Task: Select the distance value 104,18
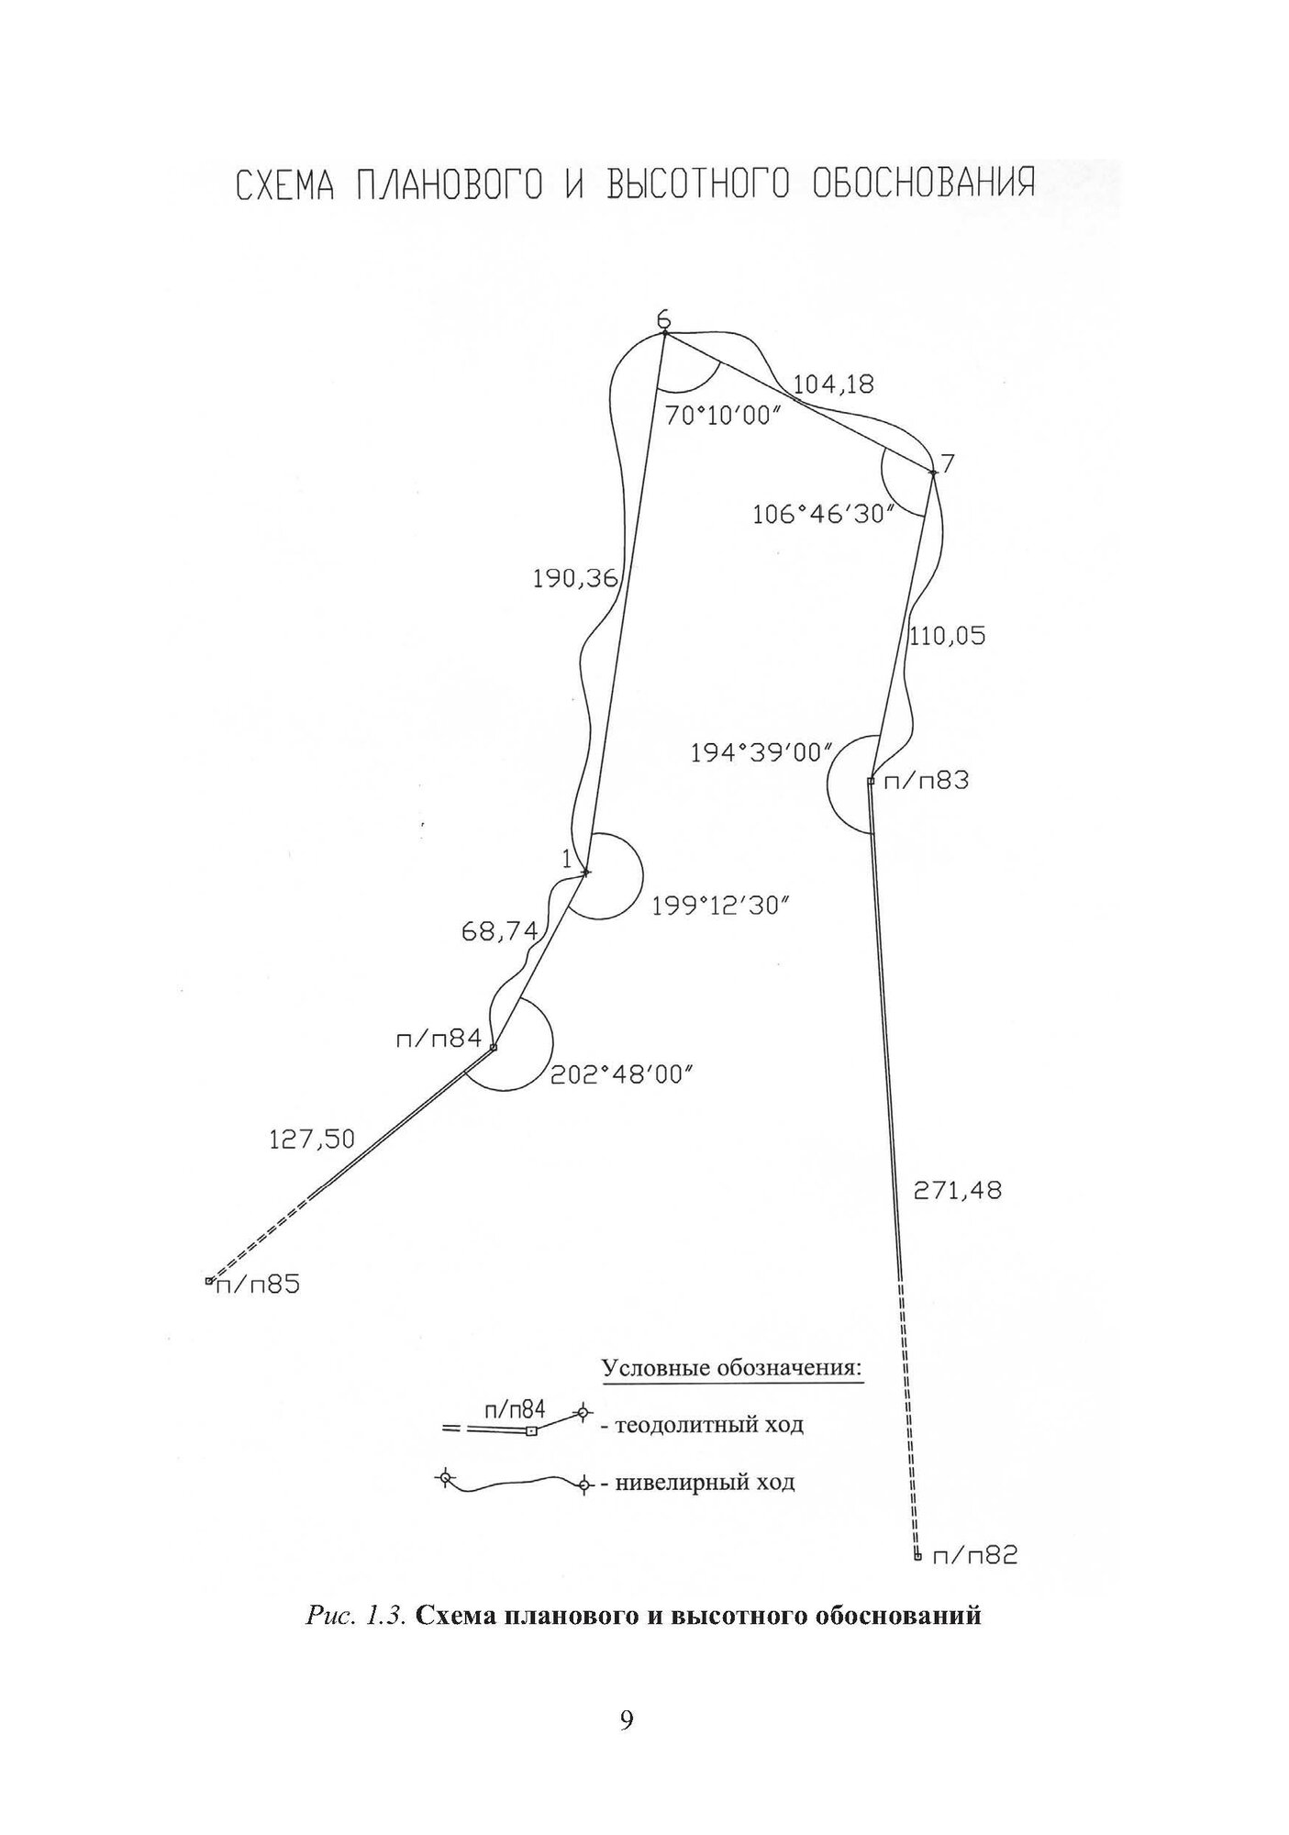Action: point(833,385)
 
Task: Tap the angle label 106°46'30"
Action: point(823,515)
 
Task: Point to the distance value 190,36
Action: point(575,578)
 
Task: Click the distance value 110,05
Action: point(948,636)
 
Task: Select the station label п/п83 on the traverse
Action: point(925,782)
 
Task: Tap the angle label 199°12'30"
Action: point(721,907)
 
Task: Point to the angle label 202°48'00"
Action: point(620,1074)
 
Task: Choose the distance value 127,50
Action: point(311,1140)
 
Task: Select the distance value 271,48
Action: point(957,1191)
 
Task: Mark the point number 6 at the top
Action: point(663,319)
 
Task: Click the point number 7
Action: point(948,463)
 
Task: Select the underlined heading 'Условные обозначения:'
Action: point(732,1368)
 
